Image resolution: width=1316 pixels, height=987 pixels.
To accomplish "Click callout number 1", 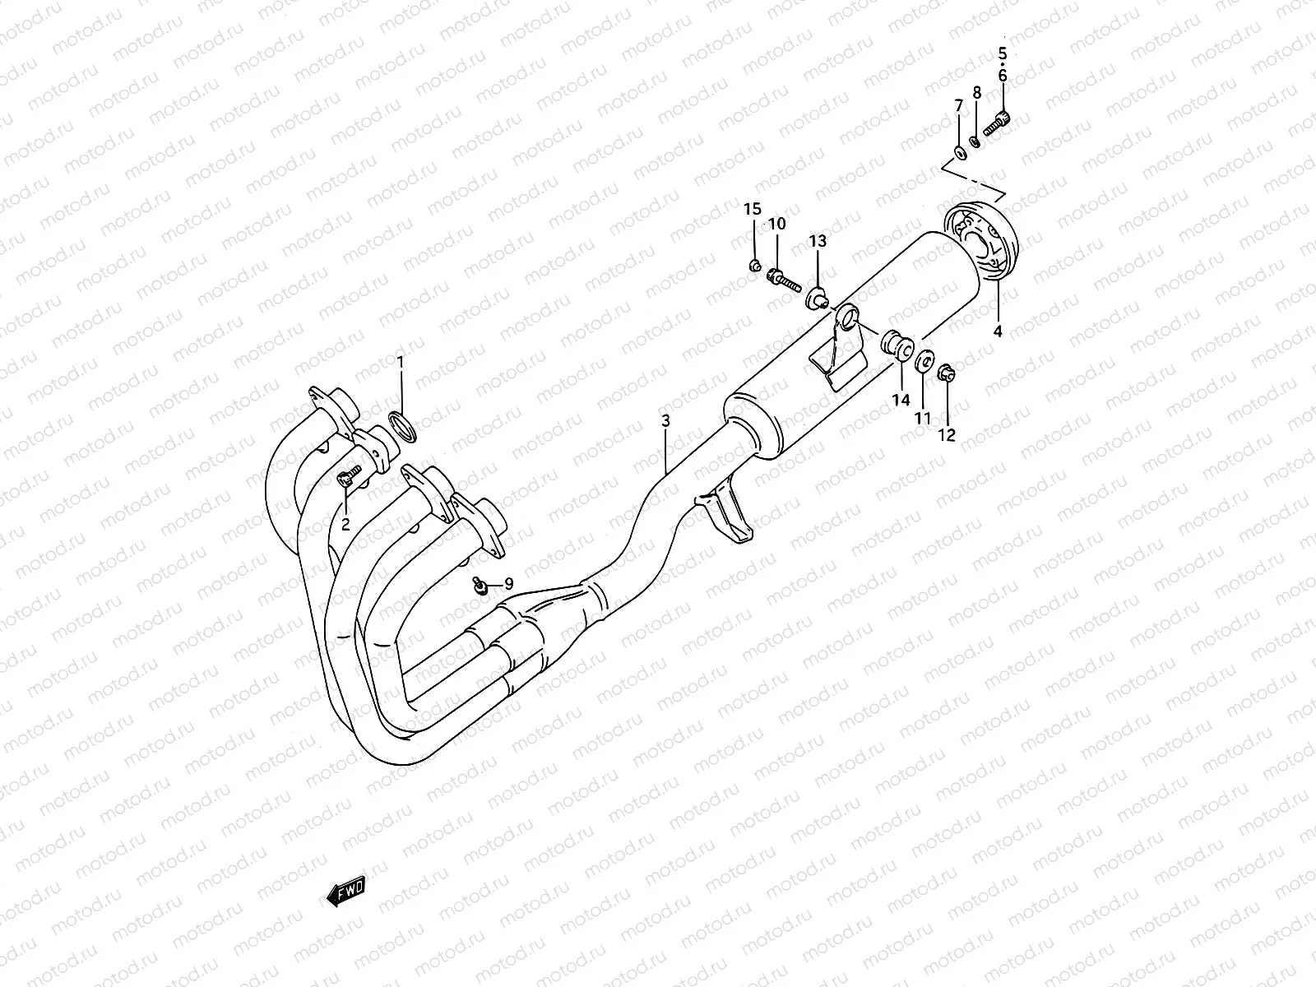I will point(401,361).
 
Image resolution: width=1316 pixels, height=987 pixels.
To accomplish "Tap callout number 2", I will point(345,523).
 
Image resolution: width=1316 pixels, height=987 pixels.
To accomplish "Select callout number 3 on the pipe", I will point(665,420).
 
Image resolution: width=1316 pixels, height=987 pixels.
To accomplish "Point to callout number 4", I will point(998,332).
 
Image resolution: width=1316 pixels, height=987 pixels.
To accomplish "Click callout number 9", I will point(509,583).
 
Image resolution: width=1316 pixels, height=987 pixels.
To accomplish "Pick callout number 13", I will point(817,240).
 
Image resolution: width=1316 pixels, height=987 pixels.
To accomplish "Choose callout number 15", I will point(753,209).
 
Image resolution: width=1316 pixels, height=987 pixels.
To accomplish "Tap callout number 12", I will point(947,435).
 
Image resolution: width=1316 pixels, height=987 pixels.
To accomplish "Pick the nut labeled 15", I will point(753,266).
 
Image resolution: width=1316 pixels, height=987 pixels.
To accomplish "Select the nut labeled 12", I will point(946,374).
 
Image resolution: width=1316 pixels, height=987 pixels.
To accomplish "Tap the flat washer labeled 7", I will point(959,152).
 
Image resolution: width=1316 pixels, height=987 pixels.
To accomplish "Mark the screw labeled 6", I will point(996,124).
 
